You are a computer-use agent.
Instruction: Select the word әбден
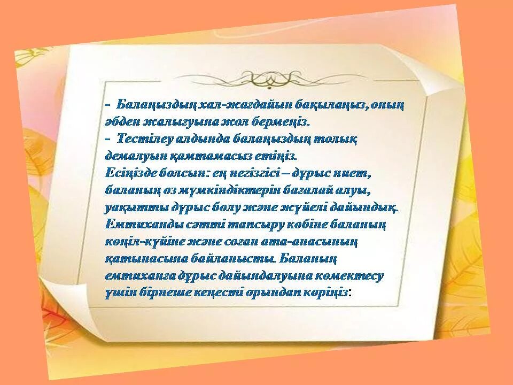pos(122,121)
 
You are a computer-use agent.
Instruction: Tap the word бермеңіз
pos(283,121)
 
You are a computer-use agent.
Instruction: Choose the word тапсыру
pos(248,224)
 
